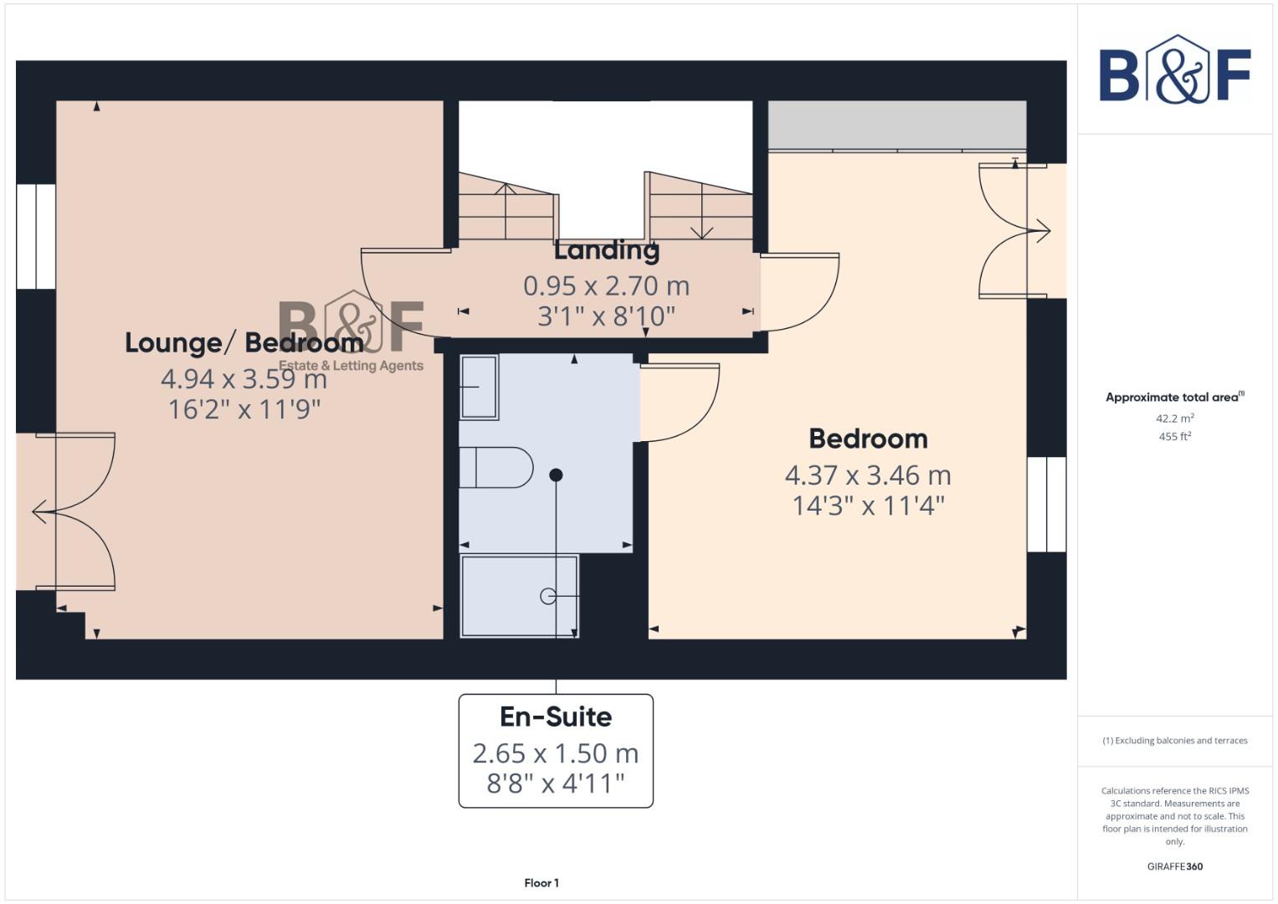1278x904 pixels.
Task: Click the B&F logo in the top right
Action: click(1174, 70)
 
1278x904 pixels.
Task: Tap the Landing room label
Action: click(606, 250)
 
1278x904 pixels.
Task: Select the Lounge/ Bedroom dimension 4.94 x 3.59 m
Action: click(244, 379)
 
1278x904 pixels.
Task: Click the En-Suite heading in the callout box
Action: click(556, 717)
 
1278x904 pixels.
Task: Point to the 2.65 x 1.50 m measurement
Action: click(556, 753)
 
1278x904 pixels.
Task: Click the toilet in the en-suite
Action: click(496, 467)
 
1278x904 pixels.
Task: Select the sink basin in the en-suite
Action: click(479, 387)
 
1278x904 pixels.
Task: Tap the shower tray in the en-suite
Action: click(519, 596)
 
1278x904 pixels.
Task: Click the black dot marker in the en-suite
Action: click(556, 475)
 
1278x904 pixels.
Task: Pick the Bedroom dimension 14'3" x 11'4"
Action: click(868, 506)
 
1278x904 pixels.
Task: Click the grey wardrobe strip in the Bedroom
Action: click(897, 126)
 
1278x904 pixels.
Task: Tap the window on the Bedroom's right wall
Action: click(1046, 504)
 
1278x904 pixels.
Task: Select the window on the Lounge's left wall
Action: click(36, 237)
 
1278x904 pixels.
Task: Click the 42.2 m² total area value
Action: click(1174, 419)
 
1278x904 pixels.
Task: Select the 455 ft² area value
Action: click(1174, 437)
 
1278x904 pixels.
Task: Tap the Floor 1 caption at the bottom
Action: click(541, 883)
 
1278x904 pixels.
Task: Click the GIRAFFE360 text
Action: click(1174, 866)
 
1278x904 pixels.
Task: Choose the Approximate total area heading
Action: click(1174, 398)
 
